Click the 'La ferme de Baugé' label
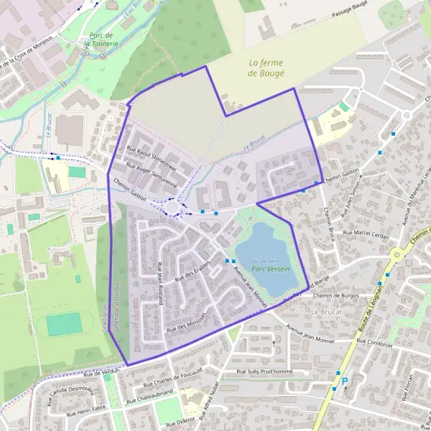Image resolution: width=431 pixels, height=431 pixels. click(x=266, y=68)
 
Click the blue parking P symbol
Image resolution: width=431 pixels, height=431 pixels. click(x=344, y=381)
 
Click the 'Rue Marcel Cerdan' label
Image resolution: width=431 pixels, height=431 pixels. click(x=369, y=233)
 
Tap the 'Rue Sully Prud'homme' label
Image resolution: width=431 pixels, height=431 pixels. click(x=265, y=371)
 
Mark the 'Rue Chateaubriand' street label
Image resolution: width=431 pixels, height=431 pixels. click(x=159, y=396)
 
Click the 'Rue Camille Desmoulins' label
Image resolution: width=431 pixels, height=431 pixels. click(x=71, y=392)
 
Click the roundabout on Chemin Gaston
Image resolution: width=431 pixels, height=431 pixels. click(x=172, y=208)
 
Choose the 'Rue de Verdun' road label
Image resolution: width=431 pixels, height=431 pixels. click(x=101, y=372)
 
